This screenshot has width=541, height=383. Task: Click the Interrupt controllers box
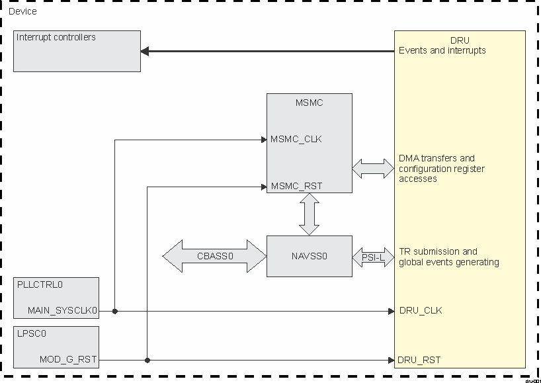tap(77, 51)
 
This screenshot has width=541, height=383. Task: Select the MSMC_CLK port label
tap(296, 140)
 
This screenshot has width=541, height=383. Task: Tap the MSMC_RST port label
tap(296, 187)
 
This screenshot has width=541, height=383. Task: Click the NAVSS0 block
tap(309, 256)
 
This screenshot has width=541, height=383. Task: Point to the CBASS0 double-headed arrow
tap(214, 256)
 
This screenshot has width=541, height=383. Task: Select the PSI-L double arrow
tap(373, 257)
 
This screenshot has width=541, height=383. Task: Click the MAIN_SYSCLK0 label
tap(62, 310)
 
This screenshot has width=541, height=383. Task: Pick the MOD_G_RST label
tap(68, 360)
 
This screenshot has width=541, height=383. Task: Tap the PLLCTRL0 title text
tap(40, 284)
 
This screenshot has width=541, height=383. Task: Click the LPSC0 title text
tap(32, 333)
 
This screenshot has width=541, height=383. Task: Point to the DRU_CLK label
tap(421, 310)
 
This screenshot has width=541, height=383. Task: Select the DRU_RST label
tap(419, 360)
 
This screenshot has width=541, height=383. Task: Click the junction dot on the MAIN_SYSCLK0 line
tap(115, 310)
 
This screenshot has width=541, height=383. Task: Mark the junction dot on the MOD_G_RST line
tap(147, 361)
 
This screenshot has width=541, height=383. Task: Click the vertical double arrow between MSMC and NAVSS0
tap(309, 214)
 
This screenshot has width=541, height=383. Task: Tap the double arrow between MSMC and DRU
tap(373, 168)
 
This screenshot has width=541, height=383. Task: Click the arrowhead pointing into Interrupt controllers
tap(146, 51)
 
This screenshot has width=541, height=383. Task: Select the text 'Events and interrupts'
tap(442, 50)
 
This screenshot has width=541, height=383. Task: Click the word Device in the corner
tap(22, 11)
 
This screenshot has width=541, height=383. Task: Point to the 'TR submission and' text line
tap(438, 251)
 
